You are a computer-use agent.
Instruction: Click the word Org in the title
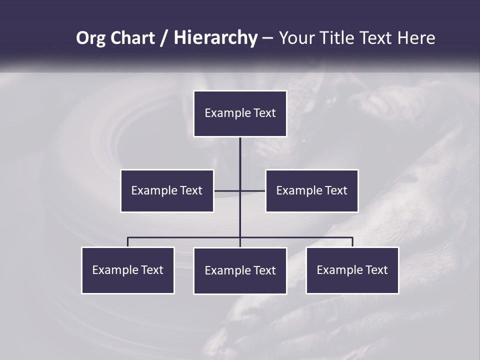90,38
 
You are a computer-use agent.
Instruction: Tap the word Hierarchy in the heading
215,38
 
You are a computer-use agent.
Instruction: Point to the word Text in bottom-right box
376,270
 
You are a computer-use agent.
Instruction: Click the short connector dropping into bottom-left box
127,242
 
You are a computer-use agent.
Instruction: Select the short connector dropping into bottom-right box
352,242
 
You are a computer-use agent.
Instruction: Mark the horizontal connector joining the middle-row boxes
239,190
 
